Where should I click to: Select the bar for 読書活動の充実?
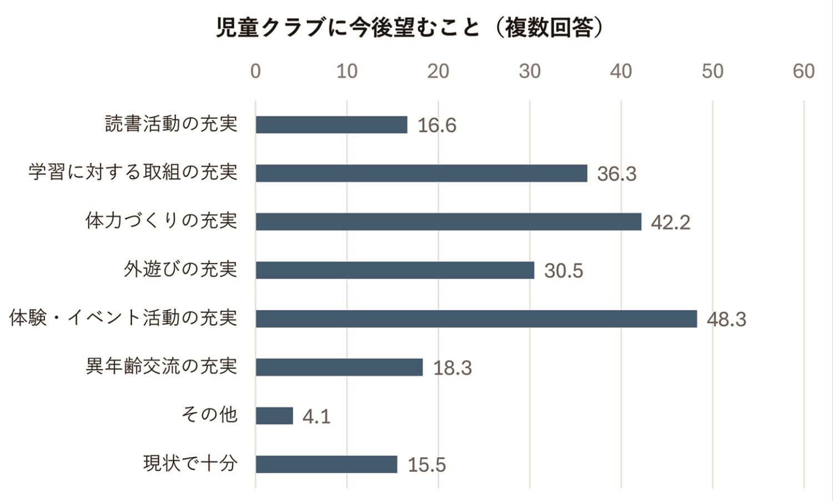tap(331, 125)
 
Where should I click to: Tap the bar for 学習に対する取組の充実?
tap(421, 173)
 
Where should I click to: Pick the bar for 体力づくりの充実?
tap(448, 222)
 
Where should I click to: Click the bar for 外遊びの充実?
tap(395, 270)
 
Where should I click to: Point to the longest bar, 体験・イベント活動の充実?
tap(476, 319)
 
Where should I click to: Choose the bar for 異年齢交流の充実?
tap(339, 367)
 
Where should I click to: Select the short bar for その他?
tap(274, 416)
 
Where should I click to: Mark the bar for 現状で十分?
tap(327, 464)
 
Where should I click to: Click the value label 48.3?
tap(726, 320)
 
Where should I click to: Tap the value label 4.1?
tap(317, 416)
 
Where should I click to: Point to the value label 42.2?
tap(670, 222)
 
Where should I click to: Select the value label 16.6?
tap(437, 125)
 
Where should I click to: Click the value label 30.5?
tap(564, 271)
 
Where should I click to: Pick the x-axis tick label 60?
tap(804, 71)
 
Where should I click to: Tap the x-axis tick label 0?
tap(255, 71)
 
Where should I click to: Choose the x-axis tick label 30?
tap(530, 71)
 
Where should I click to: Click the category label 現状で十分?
tap(190, 463)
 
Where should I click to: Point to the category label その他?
tap(209, 414)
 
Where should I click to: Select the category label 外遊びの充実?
tap(180, 269)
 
